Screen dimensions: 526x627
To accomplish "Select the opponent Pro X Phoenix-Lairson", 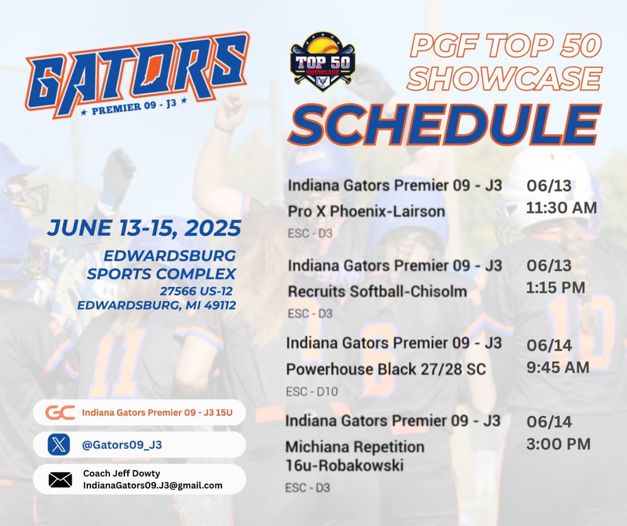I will click(366, 211).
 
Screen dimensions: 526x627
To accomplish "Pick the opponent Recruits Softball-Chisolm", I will click(377, 291).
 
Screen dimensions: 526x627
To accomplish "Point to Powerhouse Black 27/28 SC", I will click(386, 369).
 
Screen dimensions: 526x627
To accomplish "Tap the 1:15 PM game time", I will click(556, 287).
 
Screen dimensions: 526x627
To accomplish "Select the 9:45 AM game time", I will click(558, 367).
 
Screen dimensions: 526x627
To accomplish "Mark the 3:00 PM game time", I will click(558, 444).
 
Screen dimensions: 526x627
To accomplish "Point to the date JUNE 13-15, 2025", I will click(144, 228).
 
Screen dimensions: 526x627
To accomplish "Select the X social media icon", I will click(59, 445).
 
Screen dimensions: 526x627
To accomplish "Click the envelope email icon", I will click(60, 479).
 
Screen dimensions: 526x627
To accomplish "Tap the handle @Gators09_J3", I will click(122, 445).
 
